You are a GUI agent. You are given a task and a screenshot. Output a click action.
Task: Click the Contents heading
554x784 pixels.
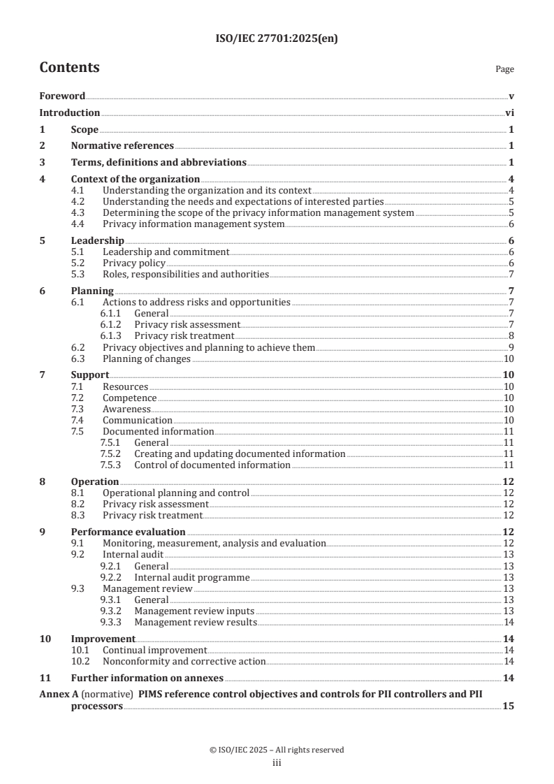coord(69,68)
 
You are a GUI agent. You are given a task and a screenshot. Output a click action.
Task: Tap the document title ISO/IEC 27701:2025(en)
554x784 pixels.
coord(277,40)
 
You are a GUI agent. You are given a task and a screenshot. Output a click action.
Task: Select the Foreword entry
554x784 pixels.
coord(62,96)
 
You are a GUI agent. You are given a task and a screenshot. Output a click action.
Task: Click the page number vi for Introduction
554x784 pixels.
coord(510,113)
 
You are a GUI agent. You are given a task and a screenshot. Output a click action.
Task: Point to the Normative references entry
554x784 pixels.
coord(122,146)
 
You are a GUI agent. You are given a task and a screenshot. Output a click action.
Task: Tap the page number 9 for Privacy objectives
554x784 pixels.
coord(511,347)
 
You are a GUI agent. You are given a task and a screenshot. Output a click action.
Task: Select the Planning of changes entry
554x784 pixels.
coord(146,359)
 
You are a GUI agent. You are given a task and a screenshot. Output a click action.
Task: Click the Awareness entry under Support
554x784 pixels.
coord(126,409)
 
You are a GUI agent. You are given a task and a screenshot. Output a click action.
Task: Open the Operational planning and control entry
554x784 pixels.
coord(175,493)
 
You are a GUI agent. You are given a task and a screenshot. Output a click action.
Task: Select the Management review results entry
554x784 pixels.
coord(196,622)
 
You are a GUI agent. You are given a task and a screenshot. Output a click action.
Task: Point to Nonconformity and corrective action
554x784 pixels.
coord(184,661)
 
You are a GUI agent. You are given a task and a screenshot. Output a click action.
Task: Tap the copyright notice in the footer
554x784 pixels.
coord(277,750)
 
